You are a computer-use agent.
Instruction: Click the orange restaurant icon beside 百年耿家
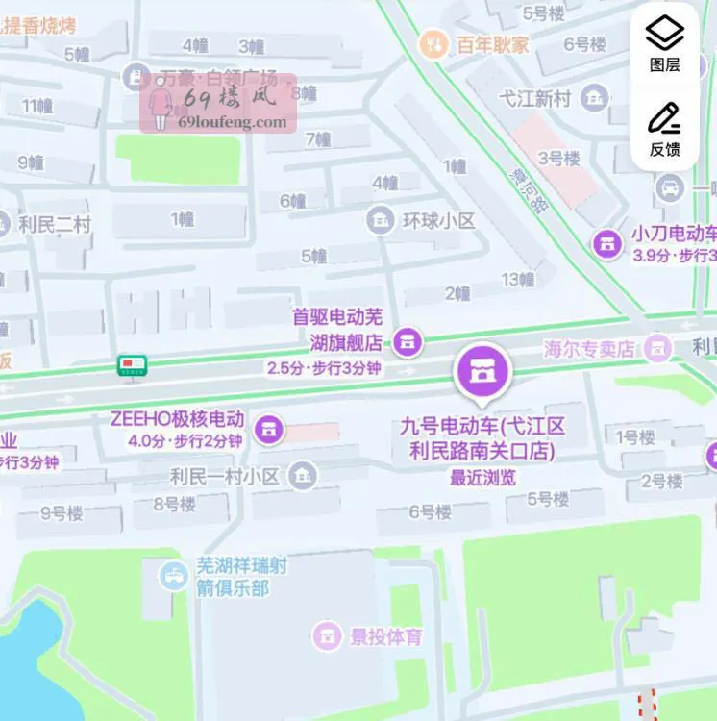tap(433, 43)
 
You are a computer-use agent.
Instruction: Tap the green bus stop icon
tap(132, 365)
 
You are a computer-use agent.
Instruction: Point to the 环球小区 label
tap(438, 221)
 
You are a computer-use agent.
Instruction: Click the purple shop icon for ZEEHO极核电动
tap(271, 428)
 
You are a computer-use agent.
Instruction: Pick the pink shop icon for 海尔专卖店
tap(657, 347)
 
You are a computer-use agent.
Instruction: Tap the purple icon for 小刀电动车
tap(607, 244)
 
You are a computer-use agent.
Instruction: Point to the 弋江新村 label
tap(535, 98)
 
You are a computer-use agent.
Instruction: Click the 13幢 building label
tap(517, 280)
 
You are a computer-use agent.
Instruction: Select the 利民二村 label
tap(54, 225)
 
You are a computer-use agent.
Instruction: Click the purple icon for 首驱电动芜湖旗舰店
tap(408, 341)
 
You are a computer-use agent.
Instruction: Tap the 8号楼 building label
tap(174, 503)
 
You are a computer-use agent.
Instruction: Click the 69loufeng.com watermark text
tap(232, 122)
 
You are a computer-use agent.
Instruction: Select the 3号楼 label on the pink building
tap(558, 159)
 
